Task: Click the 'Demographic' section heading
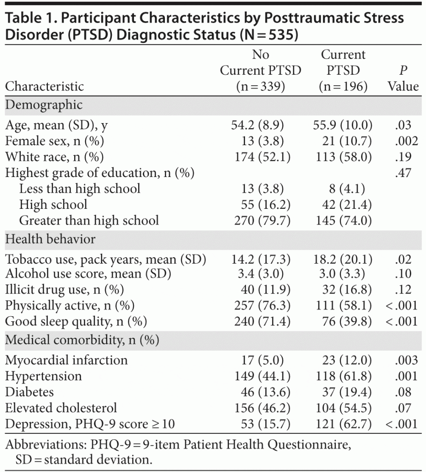click(44, 105)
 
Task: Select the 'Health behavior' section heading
click(51, 239)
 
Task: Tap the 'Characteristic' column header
click(45, 86)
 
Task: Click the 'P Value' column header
click(403, 79)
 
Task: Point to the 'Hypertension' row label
click(43, 376)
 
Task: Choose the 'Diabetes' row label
click(29, 392)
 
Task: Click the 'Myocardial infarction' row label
click(66, 360)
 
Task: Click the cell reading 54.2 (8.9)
click(261, 125)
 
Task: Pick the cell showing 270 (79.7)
click(261, 220)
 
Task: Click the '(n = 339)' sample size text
click(261, 86)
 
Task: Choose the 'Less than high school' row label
click(80, 189)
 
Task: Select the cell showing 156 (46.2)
click(261, 407)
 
